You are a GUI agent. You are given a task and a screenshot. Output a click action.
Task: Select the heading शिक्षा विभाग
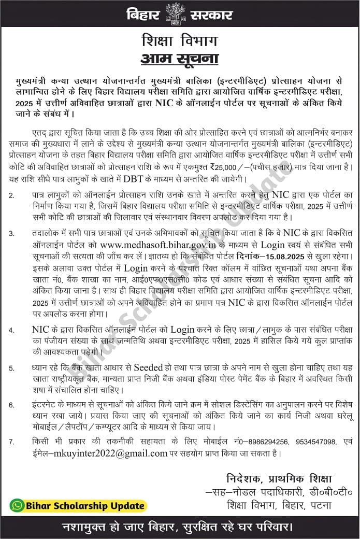click(x=180, y=41)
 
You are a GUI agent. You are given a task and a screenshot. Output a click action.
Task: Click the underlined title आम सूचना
click(x=180, y=59)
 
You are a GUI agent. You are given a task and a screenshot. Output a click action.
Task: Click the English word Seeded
click(x=148, y=367)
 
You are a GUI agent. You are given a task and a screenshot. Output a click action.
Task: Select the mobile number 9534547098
click(x=316, y=442)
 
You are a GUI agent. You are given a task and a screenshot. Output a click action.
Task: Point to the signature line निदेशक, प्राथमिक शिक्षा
click(x=279, y=478)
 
